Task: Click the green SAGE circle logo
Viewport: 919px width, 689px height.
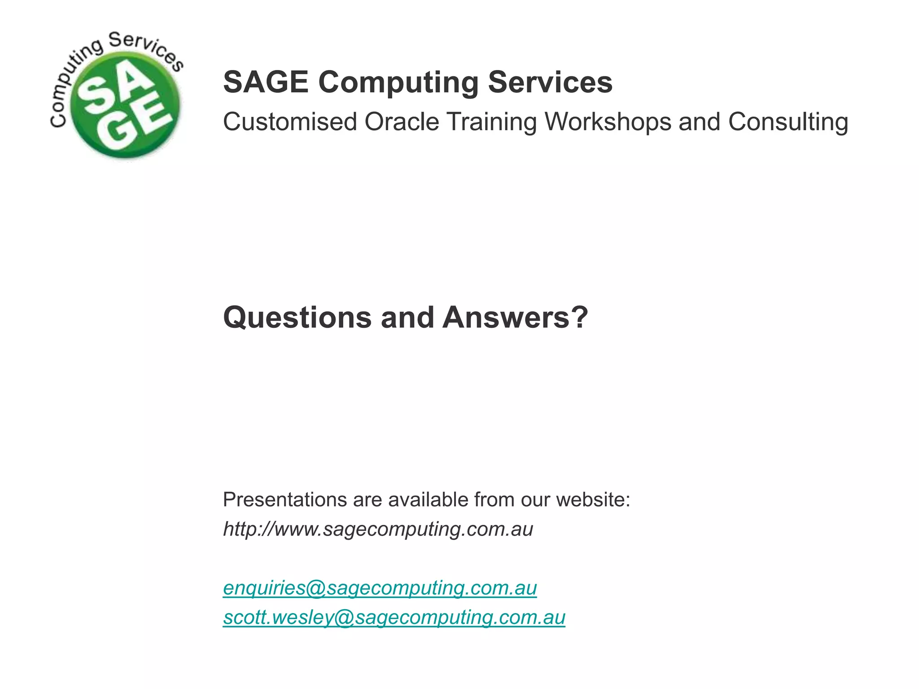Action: click(x=126, y=105)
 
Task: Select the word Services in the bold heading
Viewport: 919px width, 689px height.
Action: click(x=550, y=82)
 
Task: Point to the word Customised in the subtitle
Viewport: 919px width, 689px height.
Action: click(x=290, y=122)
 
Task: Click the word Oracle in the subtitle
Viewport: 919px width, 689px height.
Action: click(x=402, y=122)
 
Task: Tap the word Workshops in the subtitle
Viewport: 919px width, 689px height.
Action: click(x=608, y=122)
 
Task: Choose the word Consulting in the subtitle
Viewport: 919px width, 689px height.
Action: click(x=788, y=122)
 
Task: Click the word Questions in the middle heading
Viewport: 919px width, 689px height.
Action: click(x=297, y=318)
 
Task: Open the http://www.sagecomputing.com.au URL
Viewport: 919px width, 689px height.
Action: click(x=378, y=529)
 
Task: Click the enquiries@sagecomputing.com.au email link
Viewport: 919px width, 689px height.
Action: click(x=380, y=588)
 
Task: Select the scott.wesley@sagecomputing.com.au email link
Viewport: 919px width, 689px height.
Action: click(x=394, y=618)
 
